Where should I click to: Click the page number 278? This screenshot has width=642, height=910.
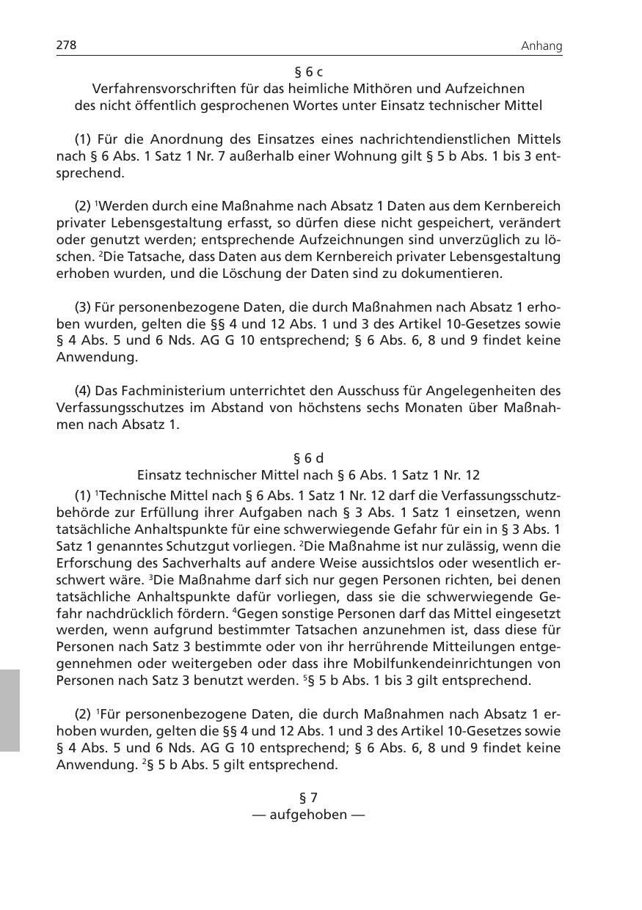[67, 45]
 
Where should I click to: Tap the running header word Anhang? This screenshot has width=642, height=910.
[541, 46]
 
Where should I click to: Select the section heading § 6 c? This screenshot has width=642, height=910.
[308, 71]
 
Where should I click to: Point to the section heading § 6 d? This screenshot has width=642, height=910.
[308, 458]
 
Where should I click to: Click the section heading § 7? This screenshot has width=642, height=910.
[308, 797]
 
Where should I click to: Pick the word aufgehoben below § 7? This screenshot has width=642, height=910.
[308, 815]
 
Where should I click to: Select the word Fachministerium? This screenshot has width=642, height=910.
[157, 391]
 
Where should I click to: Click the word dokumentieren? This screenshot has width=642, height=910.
[456, 274]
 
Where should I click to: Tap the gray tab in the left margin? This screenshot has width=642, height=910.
[10, 709]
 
